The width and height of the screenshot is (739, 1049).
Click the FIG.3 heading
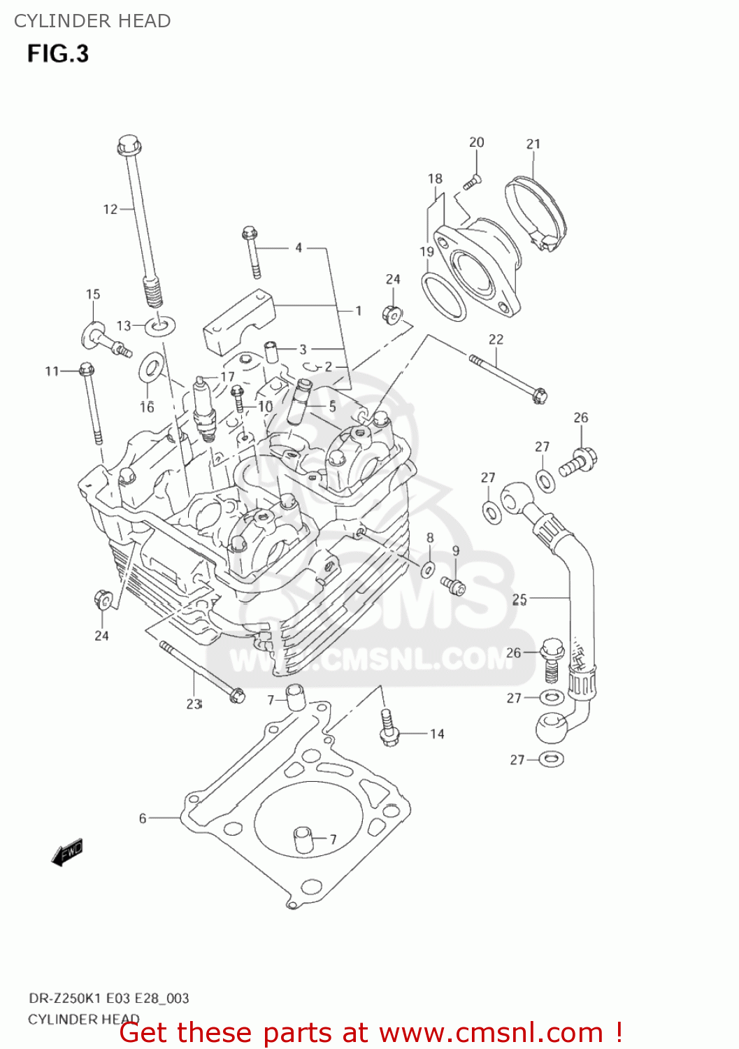[58, 54]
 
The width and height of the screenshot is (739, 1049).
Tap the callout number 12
[110, 209]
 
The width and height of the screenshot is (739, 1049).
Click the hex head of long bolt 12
[129, 146]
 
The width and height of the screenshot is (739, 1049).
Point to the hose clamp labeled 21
[536, 210]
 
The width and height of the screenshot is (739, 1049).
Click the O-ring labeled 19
[444, 297]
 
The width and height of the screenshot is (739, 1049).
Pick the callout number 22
[496, 339]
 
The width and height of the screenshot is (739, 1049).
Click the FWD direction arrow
[68, 852]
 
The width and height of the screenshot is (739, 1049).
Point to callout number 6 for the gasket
[143, 818]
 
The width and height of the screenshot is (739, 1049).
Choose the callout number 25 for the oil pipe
[519, 599]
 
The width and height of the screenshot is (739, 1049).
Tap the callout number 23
[194, 704]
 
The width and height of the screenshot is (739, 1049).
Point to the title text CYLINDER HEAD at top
[92, 21]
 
